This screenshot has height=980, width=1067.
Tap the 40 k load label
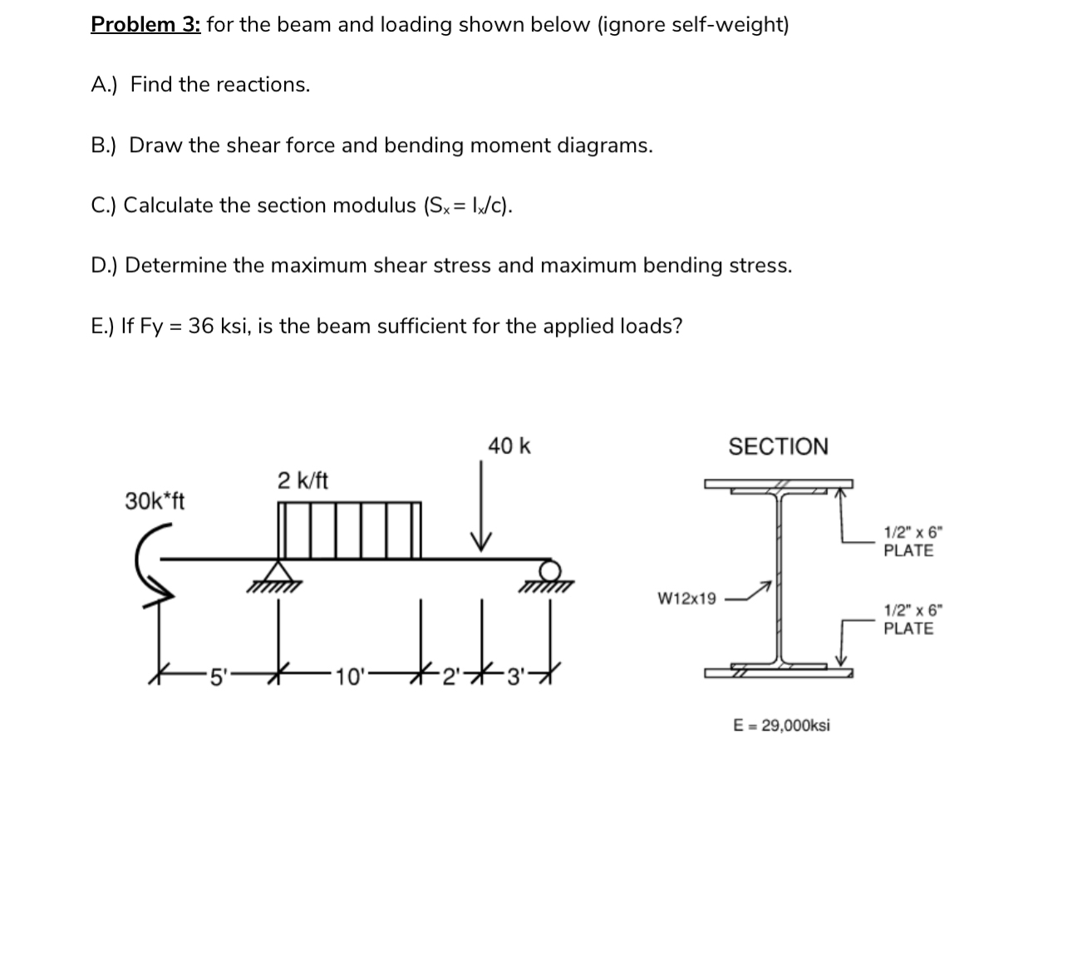(x=509, y=446)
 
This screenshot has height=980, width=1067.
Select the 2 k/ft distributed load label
(x=302, y=480)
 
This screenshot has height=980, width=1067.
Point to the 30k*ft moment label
(x=155, y=501)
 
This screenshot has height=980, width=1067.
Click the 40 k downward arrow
(x=480, y=507)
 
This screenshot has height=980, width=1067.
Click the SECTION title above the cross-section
(x=778, y=447)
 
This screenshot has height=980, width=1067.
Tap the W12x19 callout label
(x=686, y=598)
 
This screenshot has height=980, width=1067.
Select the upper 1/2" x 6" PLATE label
(x=908, y=541)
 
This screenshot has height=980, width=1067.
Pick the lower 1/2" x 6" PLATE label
(x=908, y=619)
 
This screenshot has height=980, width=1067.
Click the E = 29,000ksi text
(x=781, y=725)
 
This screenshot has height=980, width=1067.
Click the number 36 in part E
(x=200, y=326)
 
